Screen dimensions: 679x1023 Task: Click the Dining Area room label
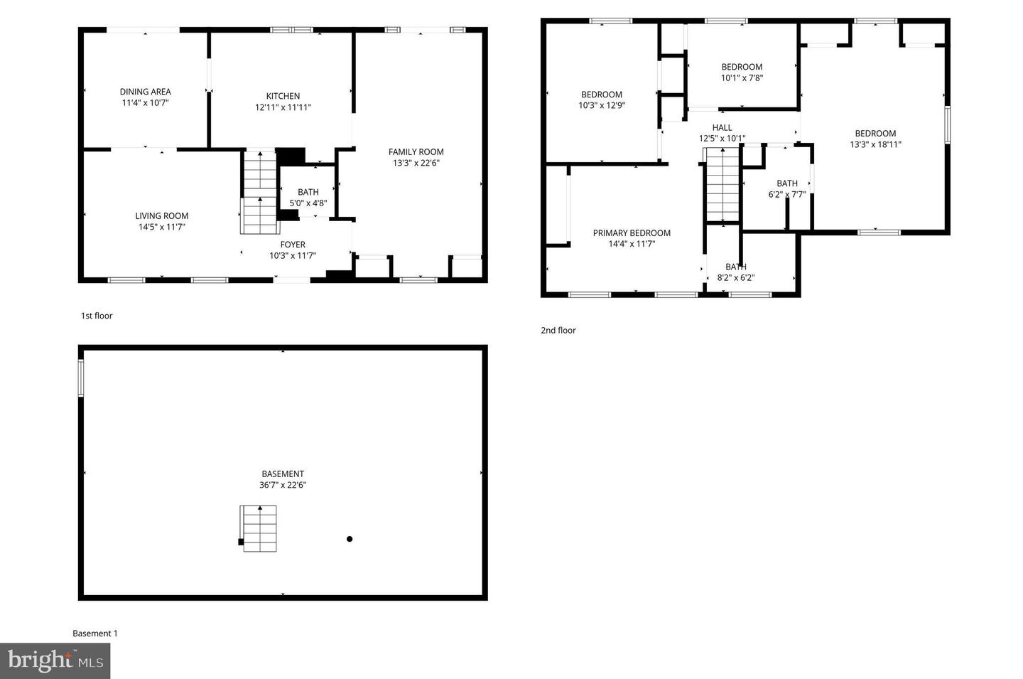(145, 92)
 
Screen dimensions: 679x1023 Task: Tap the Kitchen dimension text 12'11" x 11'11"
(283, 107)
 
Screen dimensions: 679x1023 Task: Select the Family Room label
(416, 151)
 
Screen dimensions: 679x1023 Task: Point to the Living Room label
(162, 216)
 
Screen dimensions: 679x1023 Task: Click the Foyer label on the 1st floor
(293, 245)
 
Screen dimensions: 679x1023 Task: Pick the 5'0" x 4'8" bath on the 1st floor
(308, 198)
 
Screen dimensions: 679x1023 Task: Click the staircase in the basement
(259, 528)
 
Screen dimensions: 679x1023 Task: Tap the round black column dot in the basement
(350, 539)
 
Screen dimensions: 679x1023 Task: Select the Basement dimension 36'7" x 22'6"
(283, 486)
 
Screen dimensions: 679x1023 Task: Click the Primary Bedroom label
(632, 233)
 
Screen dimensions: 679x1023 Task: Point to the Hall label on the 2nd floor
(722, 128)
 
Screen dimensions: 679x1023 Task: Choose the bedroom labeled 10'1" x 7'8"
(742, 73)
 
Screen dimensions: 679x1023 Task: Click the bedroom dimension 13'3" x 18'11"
(875, 144)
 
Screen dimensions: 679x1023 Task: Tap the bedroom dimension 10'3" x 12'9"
(602, 105)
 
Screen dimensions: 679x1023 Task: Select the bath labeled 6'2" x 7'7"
(787, 188)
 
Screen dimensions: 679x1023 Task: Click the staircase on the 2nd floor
(722, 185)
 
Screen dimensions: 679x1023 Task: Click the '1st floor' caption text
(97, 316)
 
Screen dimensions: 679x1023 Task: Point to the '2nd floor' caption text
(558, 330)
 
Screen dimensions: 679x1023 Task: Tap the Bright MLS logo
(55, 661)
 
